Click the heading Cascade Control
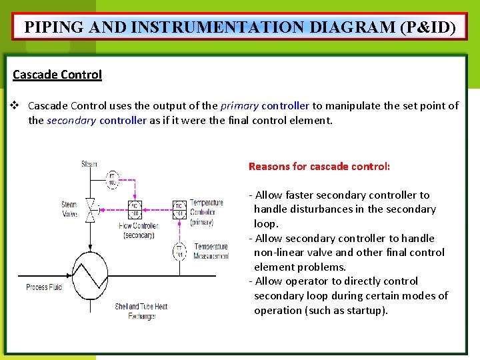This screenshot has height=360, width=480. [57, 75]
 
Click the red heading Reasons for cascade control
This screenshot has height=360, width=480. [319, 166]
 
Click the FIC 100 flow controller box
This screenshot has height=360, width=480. [134, 209]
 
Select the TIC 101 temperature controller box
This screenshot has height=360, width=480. [179, 209]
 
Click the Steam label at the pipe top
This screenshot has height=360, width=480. [89, 164]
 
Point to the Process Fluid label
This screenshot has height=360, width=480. [45, 287]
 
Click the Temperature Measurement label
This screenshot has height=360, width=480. [211, 251]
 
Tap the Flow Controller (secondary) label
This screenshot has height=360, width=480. [138, 230]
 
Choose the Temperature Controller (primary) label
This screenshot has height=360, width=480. [207, 212]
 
